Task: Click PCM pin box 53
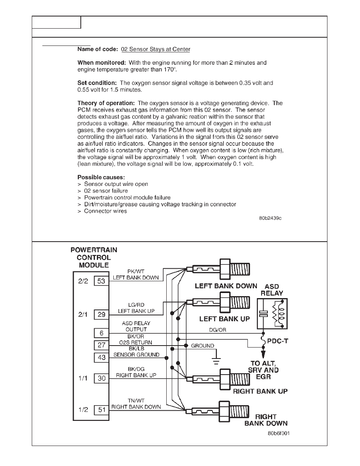[x=101, y=281]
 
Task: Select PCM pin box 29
[x=101, y=315]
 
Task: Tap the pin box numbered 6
[x=101, y=333]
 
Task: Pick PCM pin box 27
[x=101, y=345]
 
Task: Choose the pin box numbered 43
[x=101, y=357]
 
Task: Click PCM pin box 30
[x=101, y=378]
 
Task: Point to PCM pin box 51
[x=101, y=410]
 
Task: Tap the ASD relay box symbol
[x=272, y=313]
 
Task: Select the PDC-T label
[x=277, y=341]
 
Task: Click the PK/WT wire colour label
[x=136, y=271]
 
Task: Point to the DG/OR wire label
[x=217, y=330]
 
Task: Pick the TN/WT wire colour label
[x=136, y=400]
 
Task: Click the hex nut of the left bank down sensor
[x=225, y=269]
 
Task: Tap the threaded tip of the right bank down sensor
[x=240, y=411]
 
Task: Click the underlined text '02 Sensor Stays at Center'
[x=156, y=49]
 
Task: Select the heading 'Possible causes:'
[x=101, y=177]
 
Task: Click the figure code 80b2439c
[x=270, y=218]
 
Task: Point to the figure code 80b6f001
[x=278, y=433]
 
